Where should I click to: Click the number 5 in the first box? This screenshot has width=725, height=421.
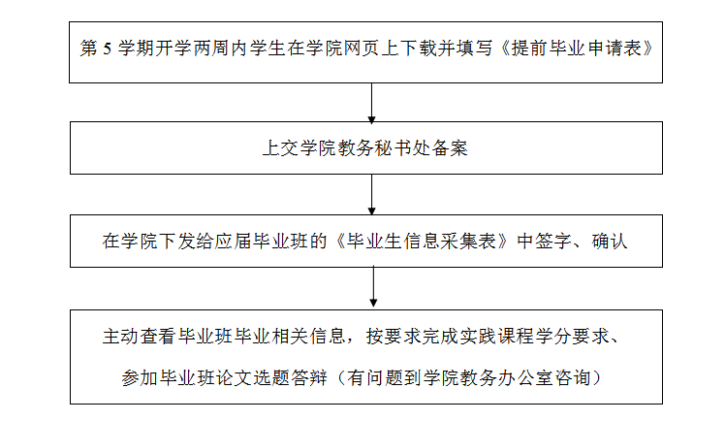click(108, 49)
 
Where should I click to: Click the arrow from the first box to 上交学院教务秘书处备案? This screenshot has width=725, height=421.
click(372, 103)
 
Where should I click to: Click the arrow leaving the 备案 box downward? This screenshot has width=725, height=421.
click(372, 195)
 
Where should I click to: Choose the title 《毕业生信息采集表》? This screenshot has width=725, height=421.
click(422, 241)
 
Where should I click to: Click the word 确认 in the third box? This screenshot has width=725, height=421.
click(610, 241)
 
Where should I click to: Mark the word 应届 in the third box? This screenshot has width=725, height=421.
click(233, 241)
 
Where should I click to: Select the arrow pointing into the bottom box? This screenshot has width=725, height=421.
click(373, 287)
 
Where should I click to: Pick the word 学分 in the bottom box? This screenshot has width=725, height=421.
click(553, 337)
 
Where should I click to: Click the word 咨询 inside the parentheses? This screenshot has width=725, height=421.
click(574, 378)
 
